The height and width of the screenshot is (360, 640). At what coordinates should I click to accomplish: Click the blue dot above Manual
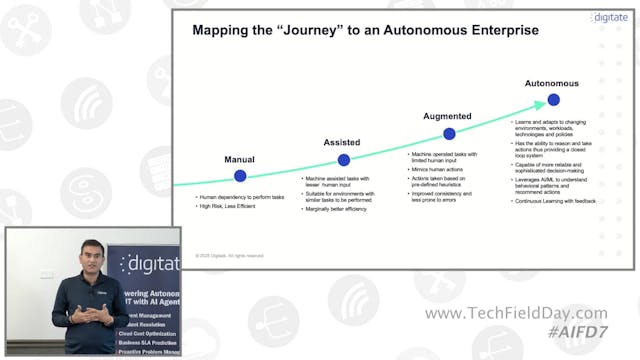240,176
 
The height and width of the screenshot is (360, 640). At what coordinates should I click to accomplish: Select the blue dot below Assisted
344,160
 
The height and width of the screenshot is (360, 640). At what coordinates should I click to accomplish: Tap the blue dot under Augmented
449,133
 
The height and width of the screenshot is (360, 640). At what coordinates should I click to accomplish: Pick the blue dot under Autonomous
553,101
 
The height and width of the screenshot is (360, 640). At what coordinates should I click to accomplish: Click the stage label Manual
240,159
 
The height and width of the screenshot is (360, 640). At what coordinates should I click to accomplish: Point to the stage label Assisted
341,143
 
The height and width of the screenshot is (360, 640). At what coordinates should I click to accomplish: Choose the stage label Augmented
446,117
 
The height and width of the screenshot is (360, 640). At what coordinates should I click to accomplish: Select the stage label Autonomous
553,84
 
